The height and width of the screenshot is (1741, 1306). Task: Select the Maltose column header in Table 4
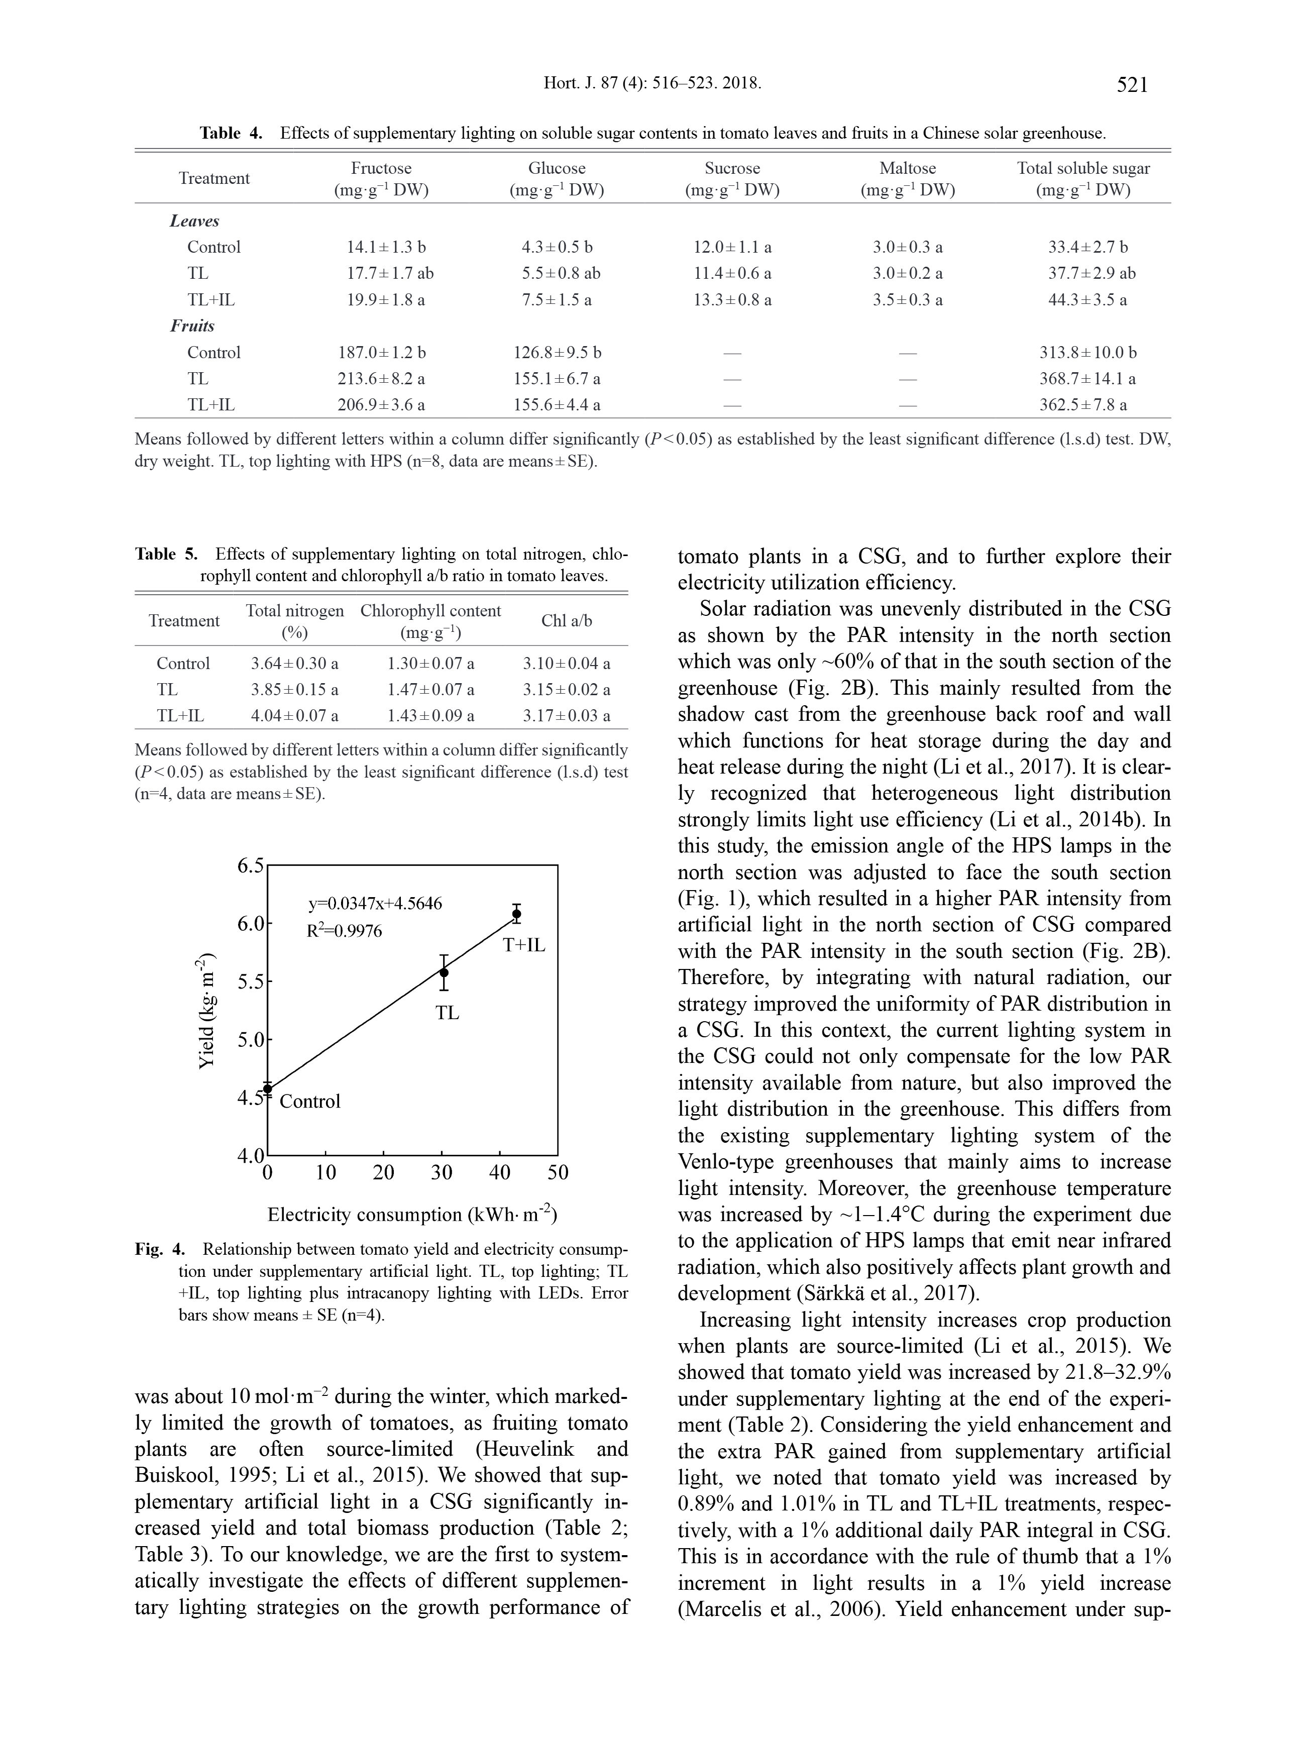click(x=908, y=168)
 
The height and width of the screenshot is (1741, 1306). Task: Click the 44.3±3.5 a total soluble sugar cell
click(x=1086, y=300)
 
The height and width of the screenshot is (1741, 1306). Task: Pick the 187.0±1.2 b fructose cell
click(x=382, y=353)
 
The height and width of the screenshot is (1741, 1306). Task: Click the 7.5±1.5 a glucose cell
click(x=557, y=300)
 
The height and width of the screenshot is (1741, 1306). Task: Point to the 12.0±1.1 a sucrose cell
click(x=732, y=247)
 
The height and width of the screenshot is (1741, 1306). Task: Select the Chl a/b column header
click(x=567, y=621)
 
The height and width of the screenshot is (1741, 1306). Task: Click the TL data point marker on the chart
click(x=444, y=973)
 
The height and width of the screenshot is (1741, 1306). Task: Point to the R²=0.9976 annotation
click(x=344, y=931)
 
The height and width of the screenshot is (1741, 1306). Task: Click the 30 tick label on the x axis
click(x=442, y=1173)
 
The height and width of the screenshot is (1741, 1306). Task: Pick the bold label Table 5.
click(x=166, y=554)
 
